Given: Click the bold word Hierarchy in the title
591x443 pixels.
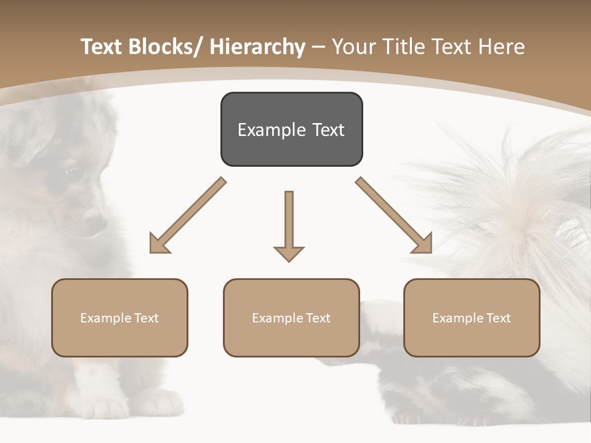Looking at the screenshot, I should [257, 47].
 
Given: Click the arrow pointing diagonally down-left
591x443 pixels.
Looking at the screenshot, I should [187, 215].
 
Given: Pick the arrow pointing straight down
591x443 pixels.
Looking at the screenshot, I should [289, 225].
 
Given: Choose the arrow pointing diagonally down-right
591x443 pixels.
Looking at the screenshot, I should [394, 215].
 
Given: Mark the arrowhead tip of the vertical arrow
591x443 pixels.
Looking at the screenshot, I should [289, 260].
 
